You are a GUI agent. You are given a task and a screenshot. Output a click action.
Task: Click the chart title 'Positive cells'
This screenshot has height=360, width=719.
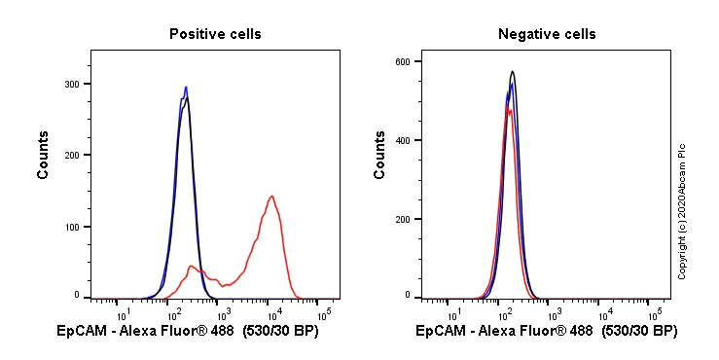(215, 34)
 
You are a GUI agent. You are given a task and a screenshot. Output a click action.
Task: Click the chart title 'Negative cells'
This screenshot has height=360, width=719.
(546, 34)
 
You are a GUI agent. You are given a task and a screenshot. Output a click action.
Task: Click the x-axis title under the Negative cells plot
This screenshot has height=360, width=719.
(546, 332)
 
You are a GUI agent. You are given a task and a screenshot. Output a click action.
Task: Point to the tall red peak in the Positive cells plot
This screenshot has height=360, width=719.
(271, 197)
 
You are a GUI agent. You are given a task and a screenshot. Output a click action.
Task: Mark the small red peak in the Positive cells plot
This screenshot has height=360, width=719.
(192, 266)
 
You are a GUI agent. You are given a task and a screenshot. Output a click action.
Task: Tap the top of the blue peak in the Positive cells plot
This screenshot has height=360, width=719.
(185, 88)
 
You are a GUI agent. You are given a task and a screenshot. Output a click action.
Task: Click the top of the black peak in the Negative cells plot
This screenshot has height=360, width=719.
(512, 71)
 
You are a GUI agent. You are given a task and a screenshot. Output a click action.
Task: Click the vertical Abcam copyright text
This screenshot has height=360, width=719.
(682, 210)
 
